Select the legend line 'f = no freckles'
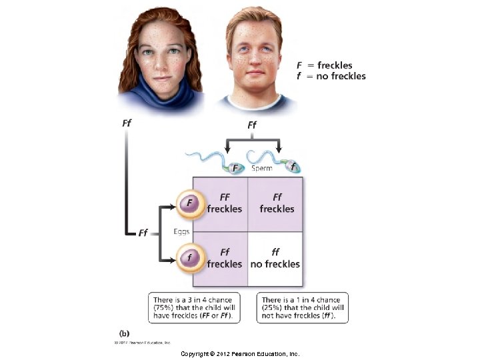pos(331,76)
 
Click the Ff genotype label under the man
pos(252,125)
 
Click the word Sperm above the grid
pos(261,169)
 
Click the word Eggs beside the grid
pos(181,231)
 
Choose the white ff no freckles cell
pos(275,258)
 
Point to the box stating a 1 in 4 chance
pos(302,307)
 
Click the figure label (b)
pos(124,333)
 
